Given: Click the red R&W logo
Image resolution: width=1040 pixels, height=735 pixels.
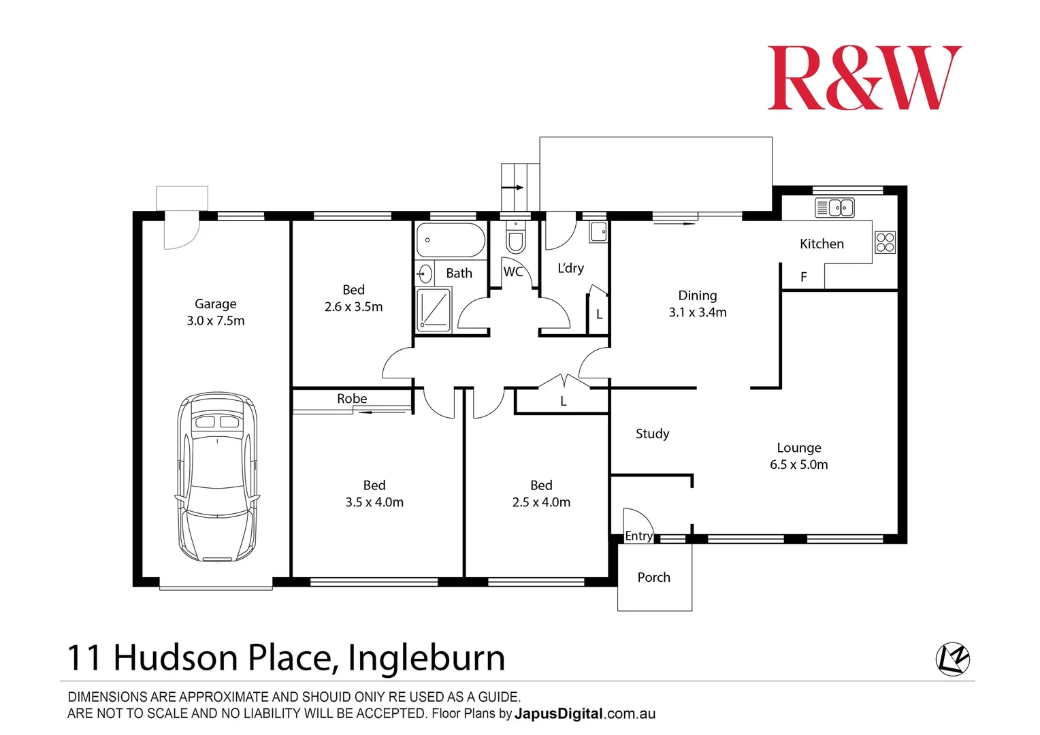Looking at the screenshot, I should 864,78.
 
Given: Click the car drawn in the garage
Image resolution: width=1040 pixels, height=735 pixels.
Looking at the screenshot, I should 217,476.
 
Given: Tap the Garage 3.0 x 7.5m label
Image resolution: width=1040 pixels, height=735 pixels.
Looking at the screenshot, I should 216,312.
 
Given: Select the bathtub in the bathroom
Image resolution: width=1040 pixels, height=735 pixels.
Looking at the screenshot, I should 451,240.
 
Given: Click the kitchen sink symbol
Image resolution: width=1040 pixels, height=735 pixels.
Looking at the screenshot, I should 834,208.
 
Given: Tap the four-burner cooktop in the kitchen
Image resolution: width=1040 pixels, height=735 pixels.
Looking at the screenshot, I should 885,242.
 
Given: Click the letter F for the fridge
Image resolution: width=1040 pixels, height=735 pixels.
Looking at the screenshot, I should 804,277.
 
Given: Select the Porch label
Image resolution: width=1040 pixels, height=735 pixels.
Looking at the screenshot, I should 653,577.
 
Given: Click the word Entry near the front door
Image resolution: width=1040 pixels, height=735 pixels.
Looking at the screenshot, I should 638,536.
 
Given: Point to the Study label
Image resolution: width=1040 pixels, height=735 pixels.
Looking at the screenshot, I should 652,434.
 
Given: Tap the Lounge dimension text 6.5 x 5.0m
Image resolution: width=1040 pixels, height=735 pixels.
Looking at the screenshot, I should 799,465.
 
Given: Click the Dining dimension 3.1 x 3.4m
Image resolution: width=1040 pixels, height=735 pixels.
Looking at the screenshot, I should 698,312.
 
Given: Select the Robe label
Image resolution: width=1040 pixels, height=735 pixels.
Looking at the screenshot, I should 352,399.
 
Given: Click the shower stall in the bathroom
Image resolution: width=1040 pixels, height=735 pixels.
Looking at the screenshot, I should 434,310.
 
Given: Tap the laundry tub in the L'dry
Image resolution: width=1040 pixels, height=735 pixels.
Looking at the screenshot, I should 598,231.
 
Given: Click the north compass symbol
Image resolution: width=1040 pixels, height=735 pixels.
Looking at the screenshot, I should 953,659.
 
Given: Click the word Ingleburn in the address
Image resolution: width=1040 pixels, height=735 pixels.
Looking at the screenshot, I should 426,658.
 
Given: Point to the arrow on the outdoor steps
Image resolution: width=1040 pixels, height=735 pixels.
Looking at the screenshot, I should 513,188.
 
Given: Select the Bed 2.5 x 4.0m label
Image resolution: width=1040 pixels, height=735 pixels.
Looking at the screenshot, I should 541,494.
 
